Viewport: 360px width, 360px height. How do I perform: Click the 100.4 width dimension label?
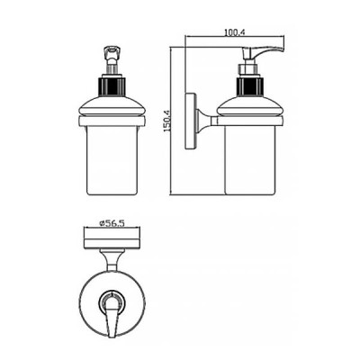[x=235, y=32]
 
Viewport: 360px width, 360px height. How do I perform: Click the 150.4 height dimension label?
[x=166, y=121]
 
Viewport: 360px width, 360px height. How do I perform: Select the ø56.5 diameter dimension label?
[x=112, y=223]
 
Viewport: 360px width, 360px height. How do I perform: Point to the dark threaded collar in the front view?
[x=112, y=86]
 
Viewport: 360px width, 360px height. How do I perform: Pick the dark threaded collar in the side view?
[x=250, y=86]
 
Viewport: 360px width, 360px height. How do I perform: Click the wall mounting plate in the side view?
[x=190, y=121]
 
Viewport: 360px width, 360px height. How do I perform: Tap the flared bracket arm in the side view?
[x=206, y=121]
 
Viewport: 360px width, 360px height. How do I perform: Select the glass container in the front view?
[x=112, y=160]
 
